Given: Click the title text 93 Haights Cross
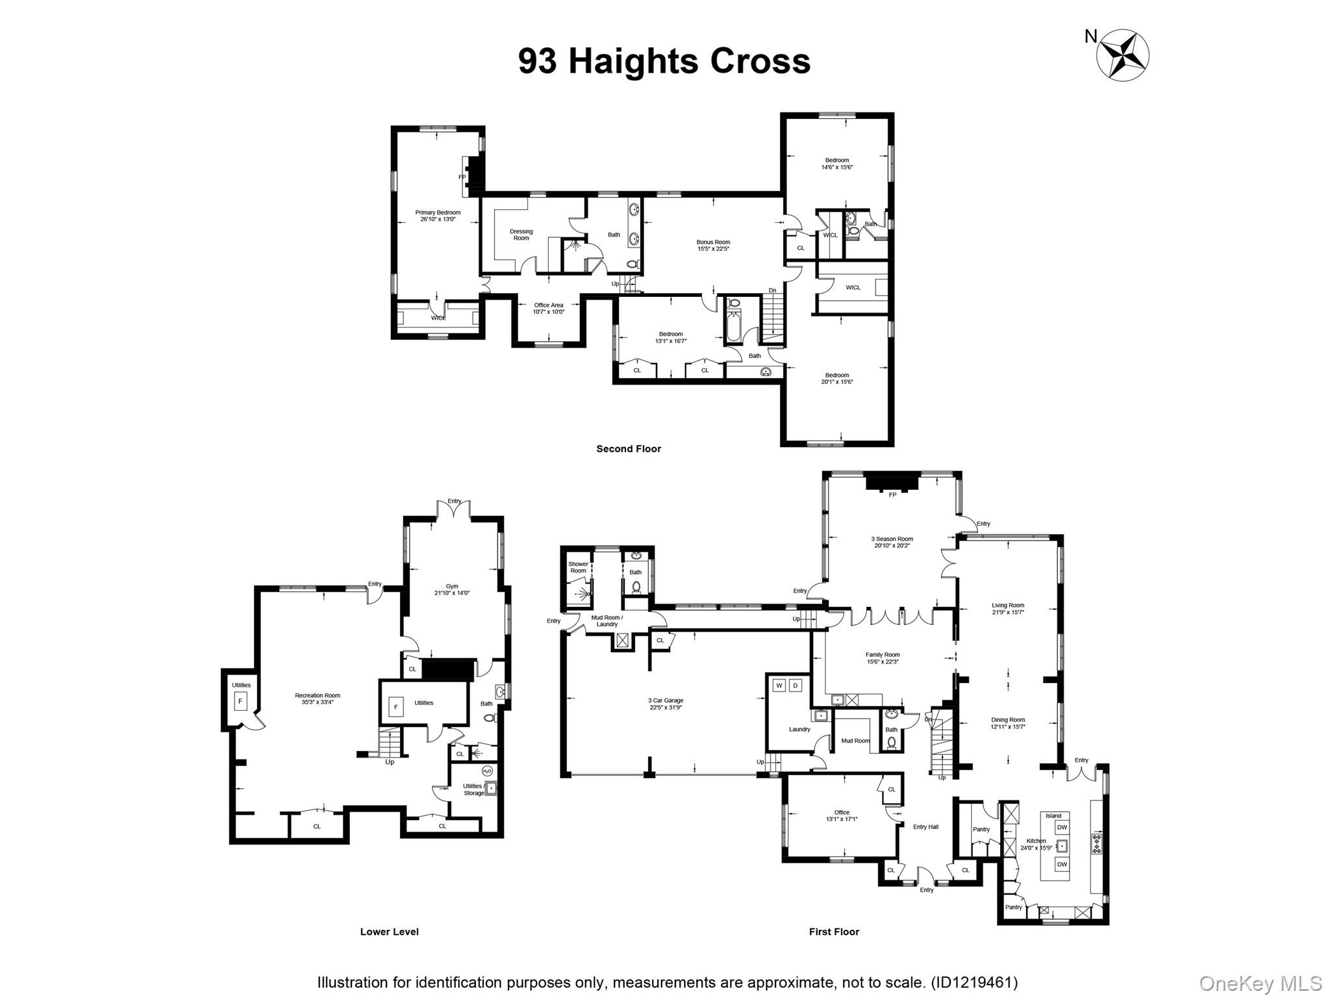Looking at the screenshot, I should [664, 61].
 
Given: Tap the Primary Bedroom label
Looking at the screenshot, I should [438, 216].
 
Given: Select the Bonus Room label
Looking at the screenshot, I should [713, 245].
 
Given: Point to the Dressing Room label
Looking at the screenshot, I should [521, 235].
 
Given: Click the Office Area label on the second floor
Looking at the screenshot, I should [549, 308].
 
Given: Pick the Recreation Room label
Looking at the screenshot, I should [318, 698].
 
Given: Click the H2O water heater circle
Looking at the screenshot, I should [487, 771].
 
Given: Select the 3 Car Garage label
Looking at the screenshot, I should [666, 704].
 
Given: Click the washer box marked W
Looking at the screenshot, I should [779, 685].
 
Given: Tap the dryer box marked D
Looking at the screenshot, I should [795, 685].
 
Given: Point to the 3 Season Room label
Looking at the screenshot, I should [892, 542].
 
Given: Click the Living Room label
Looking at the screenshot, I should [1008, 608].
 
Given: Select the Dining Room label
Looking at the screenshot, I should [1008, 723].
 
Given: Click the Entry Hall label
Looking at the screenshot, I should [925, 827].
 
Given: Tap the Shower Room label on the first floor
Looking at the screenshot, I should [578, 567].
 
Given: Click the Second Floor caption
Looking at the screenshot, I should [629, 449].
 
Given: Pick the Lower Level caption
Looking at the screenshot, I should [389, 932].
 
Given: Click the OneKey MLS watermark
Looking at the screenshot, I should [1260, 983].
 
